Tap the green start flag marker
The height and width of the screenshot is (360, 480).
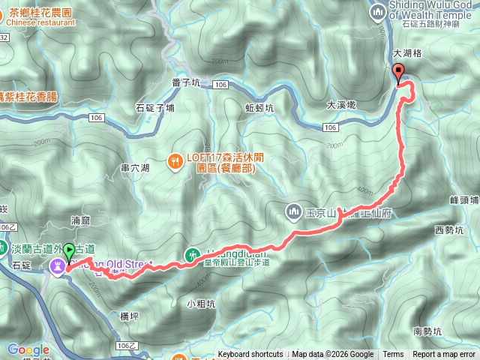pos(70,251)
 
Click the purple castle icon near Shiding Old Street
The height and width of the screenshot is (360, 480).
pos(57,265)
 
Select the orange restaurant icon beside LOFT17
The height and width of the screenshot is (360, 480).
pos(175,159)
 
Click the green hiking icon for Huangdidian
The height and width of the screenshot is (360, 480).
pos(193,253)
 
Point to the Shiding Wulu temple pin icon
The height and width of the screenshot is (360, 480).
pos(377,8)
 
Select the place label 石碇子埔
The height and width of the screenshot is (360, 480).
pos(154,107)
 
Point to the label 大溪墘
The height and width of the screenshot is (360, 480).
pos(340,106)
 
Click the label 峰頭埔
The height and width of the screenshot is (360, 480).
pos(463,200)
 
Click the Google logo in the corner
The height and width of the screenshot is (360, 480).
pos(28,349)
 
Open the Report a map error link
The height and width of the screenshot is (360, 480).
pos(445,355)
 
